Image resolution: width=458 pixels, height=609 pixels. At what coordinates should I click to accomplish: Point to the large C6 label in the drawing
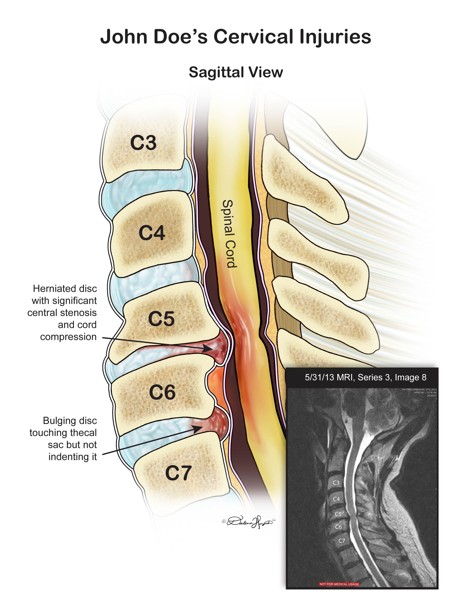162,392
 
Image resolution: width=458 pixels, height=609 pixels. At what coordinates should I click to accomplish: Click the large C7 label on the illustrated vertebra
178,473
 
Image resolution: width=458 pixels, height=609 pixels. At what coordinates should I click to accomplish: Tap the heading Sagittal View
236,72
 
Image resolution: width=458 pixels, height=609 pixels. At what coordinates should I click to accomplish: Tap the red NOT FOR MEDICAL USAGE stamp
339,584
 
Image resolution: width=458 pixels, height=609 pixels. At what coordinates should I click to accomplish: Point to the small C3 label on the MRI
336,483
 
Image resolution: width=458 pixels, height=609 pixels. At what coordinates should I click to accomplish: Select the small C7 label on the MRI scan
341,541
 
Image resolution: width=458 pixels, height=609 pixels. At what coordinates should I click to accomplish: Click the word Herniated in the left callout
49,289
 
